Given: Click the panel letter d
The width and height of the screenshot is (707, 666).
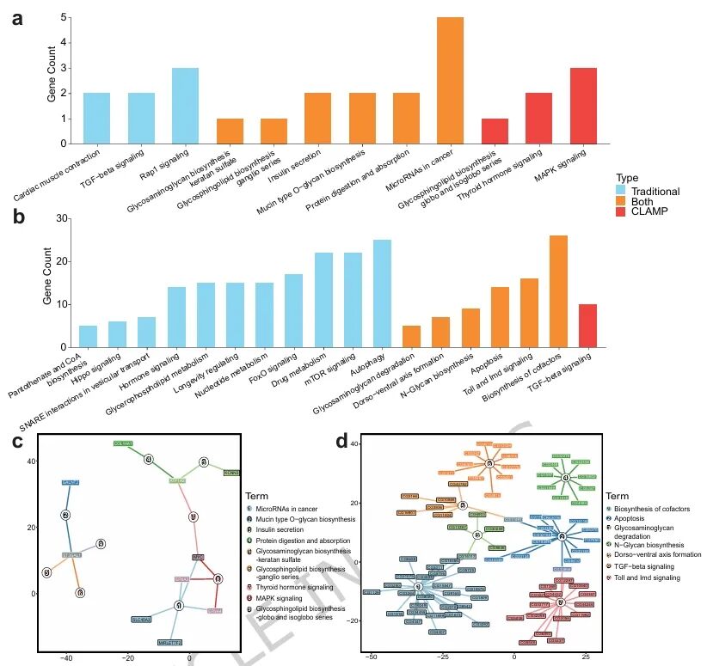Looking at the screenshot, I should pos(342,442).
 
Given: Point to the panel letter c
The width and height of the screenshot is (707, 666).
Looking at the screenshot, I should pos(17,442).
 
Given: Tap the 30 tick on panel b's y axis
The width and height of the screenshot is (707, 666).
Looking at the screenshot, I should pos(65,219).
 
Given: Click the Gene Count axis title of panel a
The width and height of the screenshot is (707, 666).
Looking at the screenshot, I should pos(52,80).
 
